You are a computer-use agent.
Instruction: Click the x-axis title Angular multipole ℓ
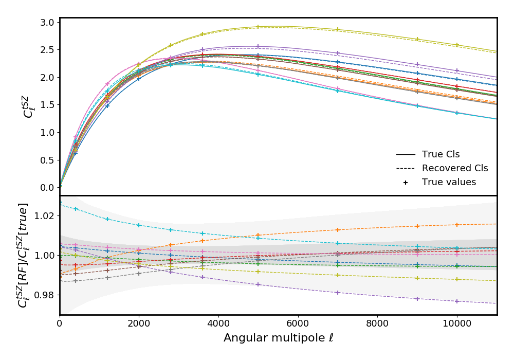point(278,338)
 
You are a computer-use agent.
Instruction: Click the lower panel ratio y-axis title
point(23,255)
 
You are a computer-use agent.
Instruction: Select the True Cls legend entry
point(440,154)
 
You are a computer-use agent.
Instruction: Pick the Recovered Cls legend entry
point(454,168)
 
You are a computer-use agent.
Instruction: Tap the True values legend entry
point(449,182)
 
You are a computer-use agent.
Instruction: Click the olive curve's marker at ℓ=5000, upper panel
point(258,27)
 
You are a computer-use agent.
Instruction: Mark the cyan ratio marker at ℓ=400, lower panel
point(76,209)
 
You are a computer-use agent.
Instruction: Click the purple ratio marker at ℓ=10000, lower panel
point(457,301)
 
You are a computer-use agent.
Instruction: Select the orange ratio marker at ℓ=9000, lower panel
point(417,226)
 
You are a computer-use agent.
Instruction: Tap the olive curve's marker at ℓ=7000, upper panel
point(338,29)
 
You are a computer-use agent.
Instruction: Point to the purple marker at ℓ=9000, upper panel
point(417,65)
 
